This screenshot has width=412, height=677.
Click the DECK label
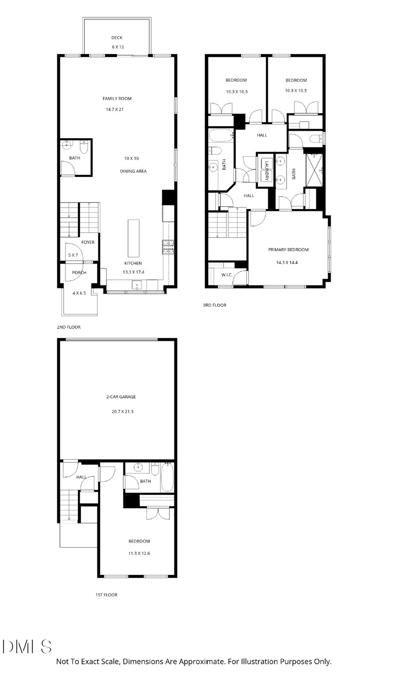click(x=117, y=38)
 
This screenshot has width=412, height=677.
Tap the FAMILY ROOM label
click(x=117, y=98)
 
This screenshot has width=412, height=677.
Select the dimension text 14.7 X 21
click(x=115, y=109)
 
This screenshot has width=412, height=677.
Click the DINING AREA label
click(x=133, y=171)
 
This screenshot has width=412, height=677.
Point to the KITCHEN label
click(x=133, y=263)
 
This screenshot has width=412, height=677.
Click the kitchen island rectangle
click(x=133, y=238)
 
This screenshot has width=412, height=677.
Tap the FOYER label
click(x=88, y=242)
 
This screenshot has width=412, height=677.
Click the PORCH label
click(x=79, y=273)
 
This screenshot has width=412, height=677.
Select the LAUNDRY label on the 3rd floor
click(x=265, y=170)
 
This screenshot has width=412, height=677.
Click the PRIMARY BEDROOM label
click(x=288, y=250)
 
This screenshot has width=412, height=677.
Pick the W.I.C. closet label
click(x=227, y=274)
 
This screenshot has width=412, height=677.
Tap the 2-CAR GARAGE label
click(x=121, y=397)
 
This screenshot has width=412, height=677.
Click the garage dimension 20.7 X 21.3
click(x=122, y=412)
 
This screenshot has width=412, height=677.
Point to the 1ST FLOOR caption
click(x=106, y=595)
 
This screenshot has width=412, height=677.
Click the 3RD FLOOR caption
click(x=215, y=305)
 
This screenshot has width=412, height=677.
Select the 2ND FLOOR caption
click(x=69, y=327)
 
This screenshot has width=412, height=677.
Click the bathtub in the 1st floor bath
click(x=167, y=477)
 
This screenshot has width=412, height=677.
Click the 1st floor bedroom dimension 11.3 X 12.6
click(x=139, y=553)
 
